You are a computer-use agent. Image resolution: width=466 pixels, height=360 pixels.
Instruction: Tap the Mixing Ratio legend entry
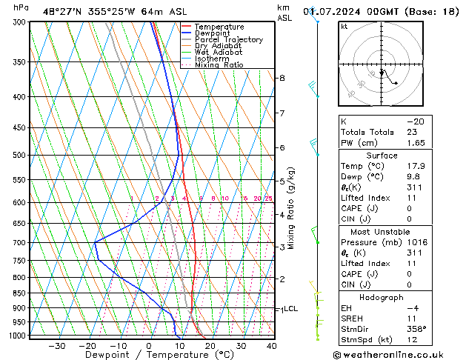[x=219, y=65]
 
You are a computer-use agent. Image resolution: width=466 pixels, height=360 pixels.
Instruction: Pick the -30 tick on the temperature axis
[x=56, y=346]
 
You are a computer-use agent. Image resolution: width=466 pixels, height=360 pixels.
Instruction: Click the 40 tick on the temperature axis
[x=271, y=346]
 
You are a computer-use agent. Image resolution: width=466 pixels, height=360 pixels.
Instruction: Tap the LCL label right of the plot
[x=290, y=309]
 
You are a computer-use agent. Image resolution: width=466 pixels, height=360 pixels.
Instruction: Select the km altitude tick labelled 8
[x=282, y=78]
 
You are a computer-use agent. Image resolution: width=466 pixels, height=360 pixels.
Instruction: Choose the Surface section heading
[x=382, y=156]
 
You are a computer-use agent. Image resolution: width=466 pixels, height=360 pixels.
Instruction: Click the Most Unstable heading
[x=382, y=231]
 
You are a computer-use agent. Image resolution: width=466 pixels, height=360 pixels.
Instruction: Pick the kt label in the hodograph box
[x=344, y=27]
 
